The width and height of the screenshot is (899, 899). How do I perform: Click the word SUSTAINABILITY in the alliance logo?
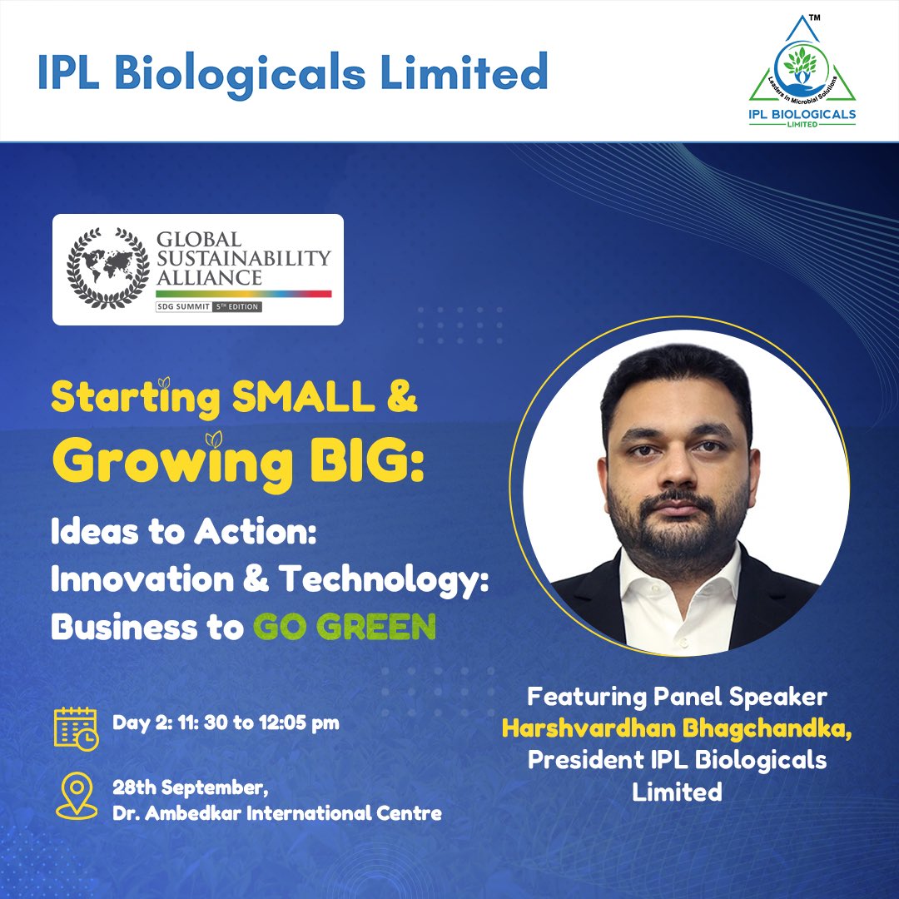pyautogui.click(x=243, y=257)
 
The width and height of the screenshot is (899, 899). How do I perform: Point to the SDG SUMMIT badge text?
pyautogui.click(x=184, y=307)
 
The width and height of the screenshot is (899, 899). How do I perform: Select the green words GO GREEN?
pyautogui.click(x=345, y=626)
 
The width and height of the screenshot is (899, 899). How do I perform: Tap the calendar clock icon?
pyautogui.click(x=76, y=728)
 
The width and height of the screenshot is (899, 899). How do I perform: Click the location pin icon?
pyautogui.click(x=76, y=796)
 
